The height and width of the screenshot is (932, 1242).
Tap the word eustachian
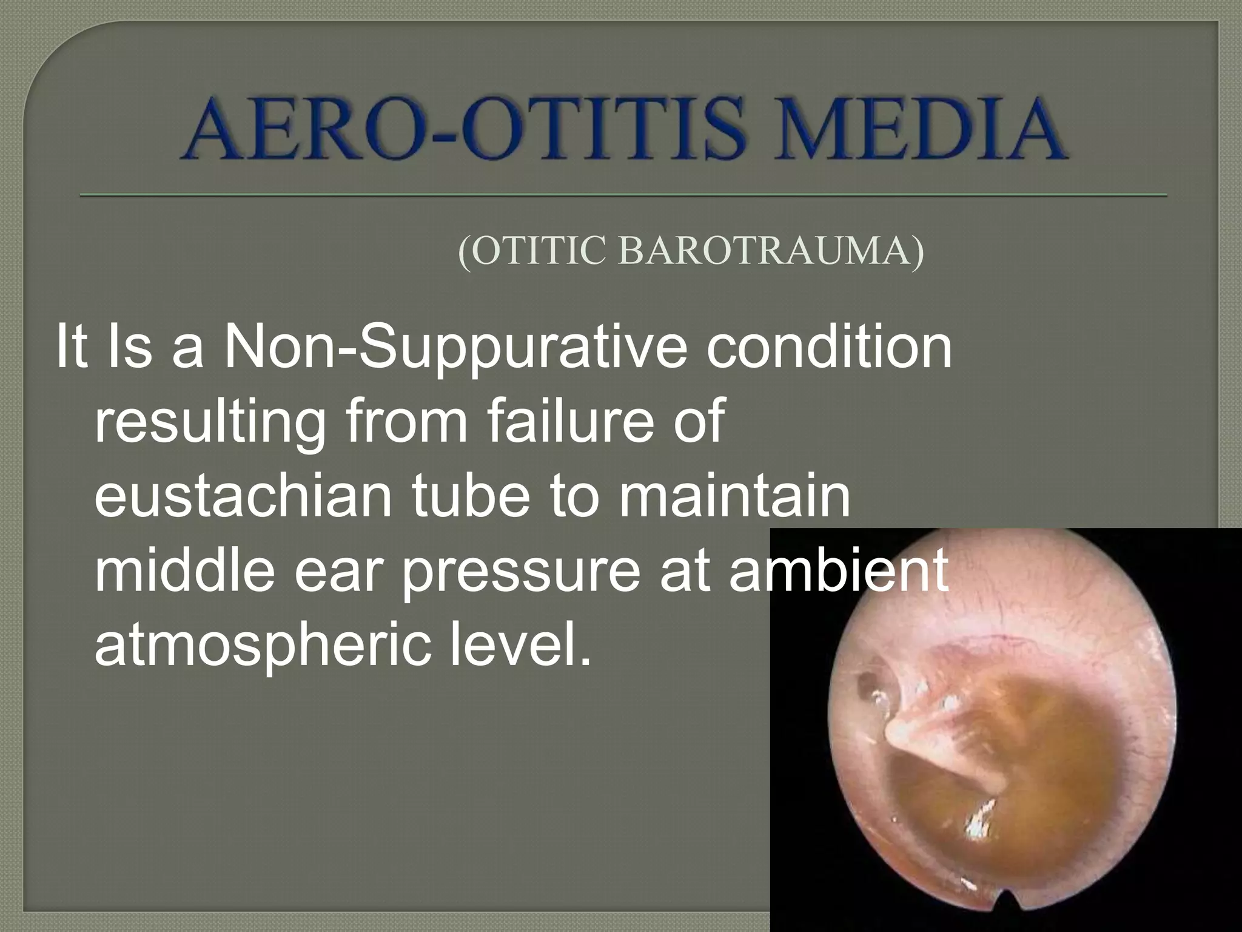[243, 496]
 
